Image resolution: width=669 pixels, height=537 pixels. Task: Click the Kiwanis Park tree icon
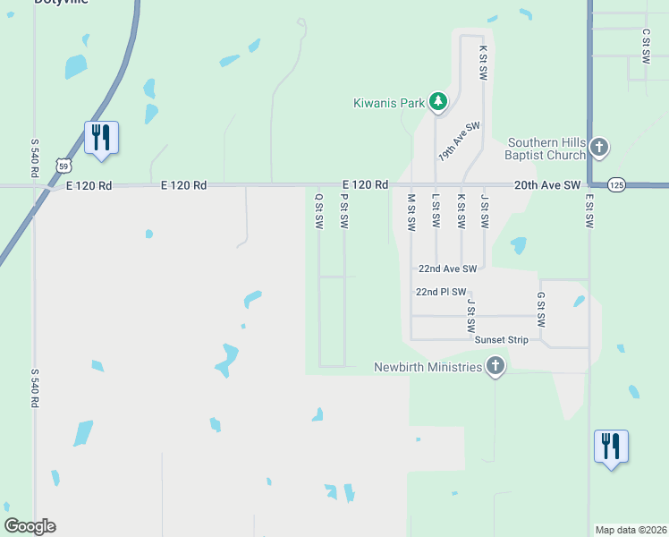pos(437,101)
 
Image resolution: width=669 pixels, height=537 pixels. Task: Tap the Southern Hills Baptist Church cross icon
pos(598,147)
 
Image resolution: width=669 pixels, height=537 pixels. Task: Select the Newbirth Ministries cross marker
pos(495,365)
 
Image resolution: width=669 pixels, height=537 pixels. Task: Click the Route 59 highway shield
pos(62,166)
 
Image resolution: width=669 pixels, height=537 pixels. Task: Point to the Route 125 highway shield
pos(616,184)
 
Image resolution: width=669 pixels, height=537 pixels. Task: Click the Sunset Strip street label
pos(501,340)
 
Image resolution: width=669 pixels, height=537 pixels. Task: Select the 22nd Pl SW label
pos(441,292)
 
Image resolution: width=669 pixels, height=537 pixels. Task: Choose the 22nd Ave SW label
pos(447,268)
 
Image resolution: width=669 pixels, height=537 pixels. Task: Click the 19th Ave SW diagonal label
pos(459,141)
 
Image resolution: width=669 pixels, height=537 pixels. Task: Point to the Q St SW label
pos(318,211)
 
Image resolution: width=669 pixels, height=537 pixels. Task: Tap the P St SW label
pos(343,211)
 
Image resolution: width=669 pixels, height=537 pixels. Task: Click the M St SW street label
pos(411,212)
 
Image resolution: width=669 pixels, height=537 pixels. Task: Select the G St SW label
pos(540,309)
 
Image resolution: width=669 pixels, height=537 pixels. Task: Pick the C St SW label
pos(646,44)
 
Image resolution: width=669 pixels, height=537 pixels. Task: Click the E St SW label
pos(589,212)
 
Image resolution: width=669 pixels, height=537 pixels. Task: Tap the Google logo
pos(30,526)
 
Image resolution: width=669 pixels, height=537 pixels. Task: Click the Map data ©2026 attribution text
pos(630,530)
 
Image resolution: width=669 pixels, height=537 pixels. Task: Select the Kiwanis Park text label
pos(387,103)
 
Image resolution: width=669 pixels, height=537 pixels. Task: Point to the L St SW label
pos(436,212)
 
